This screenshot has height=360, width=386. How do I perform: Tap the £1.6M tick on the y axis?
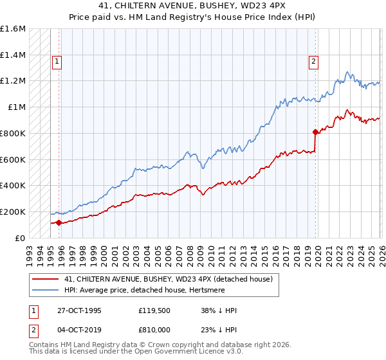click(13, 29)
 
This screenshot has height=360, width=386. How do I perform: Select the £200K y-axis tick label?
click(13, 212)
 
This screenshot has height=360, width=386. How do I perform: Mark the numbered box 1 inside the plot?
click(57, 62)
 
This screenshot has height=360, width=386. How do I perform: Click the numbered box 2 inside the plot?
click(313, 62)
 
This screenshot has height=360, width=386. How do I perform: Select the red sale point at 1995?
click(59, 222)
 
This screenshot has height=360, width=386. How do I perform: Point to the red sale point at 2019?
click(315, 132)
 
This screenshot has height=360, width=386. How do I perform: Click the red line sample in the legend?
click(45, 279)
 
